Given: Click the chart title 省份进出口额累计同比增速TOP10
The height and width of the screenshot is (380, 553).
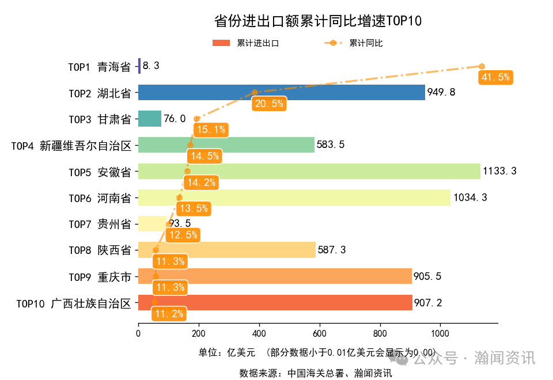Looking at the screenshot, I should (x=318, y=21).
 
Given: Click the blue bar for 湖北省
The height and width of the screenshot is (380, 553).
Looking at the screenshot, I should (x=281, y=92).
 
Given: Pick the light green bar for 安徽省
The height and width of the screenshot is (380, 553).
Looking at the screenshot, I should (x=309, y=171).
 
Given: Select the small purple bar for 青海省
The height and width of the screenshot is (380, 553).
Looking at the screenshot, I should (x=139, y=66).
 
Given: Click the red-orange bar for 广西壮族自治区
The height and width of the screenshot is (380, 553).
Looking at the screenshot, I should (x=275, y=302).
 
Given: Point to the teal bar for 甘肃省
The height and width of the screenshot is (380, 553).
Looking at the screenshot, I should (x=150, y=119).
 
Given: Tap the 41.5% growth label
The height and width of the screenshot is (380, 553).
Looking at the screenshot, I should (x=495, y=78).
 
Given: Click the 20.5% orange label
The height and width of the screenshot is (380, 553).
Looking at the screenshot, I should (x=268, y=104).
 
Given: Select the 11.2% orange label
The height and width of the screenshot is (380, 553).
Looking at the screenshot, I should (x=169, y=314).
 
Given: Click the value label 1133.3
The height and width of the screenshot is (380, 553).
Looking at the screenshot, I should (x=500, y=171).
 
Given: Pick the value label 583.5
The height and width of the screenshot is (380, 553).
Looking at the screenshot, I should (x=331, y=145).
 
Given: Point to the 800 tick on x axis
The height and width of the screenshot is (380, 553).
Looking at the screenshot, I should (x=380, y=333).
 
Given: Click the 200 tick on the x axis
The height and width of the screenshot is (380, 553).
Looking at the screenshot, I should (x=199, y=333).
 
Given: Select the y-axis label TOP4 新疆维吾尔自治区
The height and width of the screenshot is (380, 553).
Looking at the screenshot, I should (x=71, y=145).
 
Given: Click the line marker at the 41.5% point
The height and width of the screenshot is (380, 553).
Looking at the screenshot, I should (x=482, y=66).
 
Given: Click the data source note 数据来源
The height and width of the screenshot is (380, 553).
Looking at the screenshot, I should (x=316, y=373).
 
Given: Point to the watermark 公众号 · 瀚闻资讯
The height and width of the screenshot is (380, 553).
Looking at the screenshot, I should (x=467, y=358).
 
